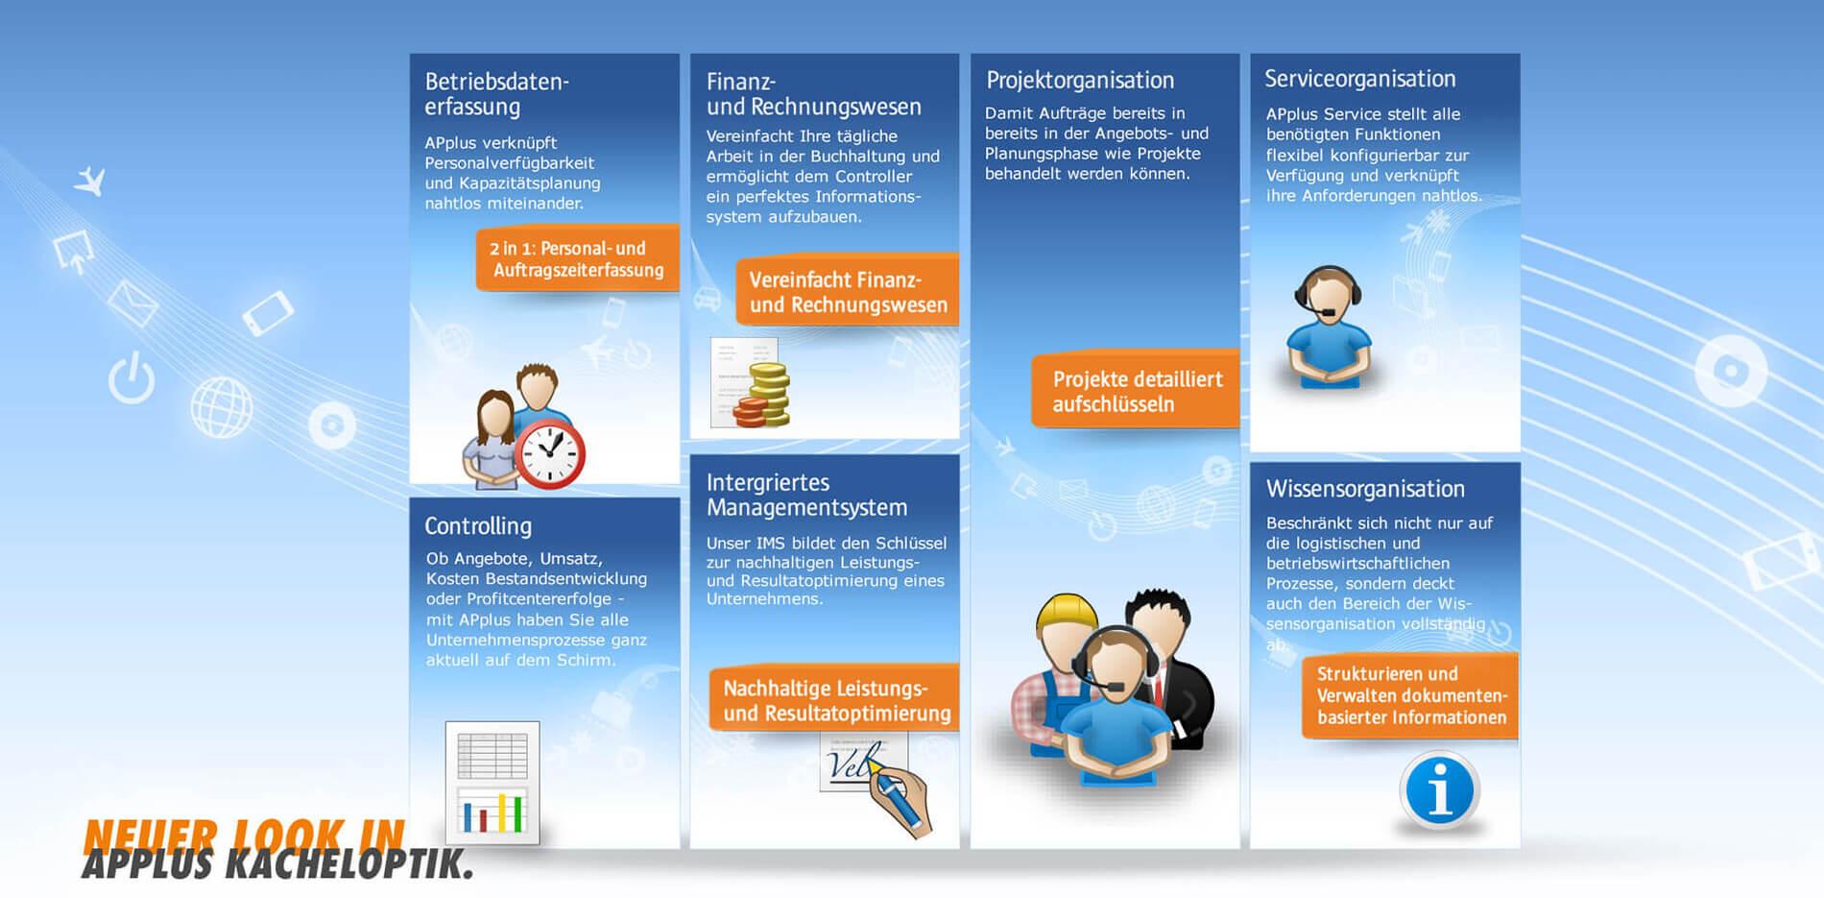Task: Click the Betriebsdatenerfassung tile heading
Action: click(497, 94)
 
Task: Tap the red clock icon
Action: click(550, 452)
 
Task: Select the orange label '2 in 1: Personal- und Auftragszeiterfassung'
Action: click(577, 258)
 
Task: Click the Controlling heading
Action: click(478, 526)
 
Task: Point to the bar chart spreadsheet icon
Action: click(492, 783)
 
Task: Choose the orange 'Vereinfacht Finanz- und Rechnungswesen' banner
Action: click(848, 292)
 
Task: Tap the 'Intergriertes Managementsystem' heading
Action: click(806, 495)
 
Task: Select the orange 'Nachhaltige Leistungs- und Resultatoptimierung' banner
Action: click(834, 699)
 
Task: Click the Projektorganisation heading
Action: click(1080, 80)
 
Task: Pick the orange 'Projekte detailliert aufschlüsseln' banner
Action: click(1136, 390)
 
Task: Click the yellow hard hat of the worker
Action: click(1067, 616)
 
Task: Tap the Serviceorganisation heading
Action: click(1359, 79)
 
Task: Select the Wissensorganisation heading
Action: click(1365, 489)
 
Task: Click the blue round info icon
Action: click(1439, 790)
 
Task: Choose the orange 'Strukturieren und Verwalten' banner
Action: click(1409, 695)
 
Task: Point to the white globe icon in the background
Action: click(222, 407)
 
